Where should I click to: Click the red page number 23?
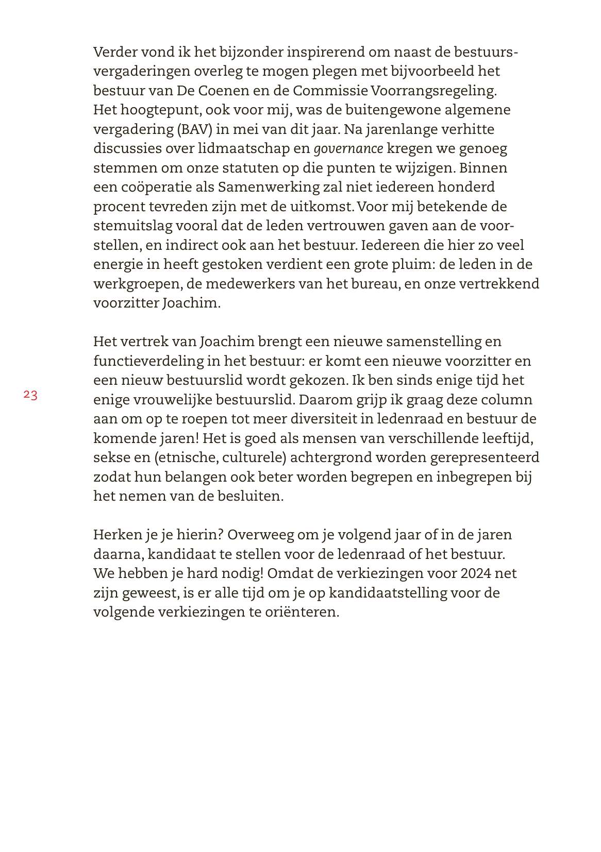tap(30, 395)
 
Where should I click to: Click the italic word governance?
tap(348, 149)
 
